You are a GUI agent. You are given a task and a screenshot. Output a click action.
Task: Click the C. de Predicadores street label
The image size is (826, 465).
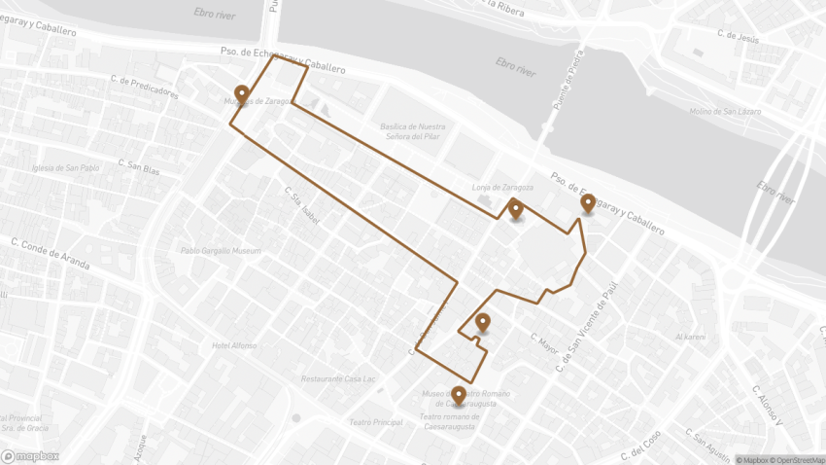coord(145,88)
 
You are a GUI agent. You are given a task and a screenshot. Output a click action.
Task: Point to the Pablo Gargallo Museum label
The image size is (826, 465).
coord(221,251)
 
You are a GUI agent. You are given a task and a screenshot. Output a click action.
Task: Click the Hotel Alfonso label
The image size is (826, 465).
coord(234,345)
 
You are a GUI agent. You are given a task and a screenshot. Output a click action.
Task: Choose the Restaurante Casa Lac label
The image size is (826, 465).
coord(339,378)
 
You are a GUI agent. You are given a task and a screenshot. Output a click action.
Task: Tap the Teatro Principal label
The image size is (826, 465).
coord(375,422)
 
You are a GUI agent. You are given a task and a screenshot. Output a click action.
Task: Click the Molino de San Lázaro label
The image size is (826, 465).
coord(725,112)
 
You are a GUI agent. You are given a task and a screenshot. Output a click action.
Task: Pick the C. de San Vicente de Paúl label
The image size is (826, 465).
coord(585,329)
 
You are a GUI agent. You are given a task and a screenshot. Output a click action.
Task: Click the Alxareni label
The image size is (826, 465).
coord(690,337)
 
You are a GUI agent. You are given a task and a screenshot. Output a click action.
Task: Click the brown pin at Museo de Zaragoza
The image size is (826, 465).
coord(241,94)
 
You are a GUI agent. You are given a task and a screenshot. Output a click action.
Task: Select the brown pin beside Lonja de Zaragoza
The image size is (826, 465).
coord(515,208)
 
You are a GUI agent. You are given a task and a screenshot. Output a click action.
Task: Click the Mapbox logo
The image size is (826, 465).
coord(30,455)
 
